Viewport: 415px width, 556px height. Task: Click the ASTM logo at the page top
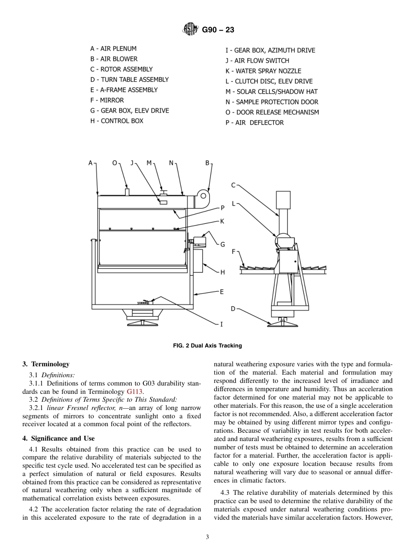click(x=190, y=30)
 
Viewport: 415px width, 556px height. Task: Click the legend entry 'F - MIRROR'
click(x=107, y=100)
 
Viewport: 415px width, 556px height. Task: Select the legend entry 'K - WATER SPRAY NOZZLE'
click(x=263, y=71)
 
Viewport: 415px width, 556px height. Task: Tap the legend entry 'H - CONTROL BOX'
click(x=117, y=121)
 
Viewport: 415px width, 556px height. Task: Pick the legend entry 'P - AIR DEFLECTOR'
click(x=254, y=122)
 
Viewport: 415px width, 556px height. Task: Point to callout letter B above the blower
click(x=207, y=163)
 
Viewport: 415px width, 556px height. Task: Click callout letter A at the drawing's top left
click(x=90, y=163)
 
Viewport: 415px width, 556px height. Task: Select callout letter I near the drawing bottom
click(x=221, y=324)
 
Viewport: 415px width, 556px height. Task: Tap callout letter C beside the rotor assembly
click(x=233, y=185)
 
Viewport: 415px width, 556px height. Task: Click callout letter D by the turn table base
click(x=233, y=309)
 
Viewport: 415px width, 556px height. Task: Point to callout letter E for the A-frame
click(x=221, y=292)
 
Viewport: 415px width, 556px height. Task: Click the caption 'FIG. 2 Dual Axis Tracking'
click(x=207, y=346)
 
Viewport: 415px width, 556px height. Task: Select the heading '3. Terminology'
click(x=46, y=364)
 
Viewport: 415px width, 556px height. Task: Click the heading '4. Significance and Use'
click(x=58, y=438)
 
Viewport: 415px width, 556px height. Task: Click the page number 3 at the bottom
click(x=207, y=537)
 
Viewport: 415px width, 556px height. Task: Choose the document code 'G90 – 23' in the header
click(x=218, y=30)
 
